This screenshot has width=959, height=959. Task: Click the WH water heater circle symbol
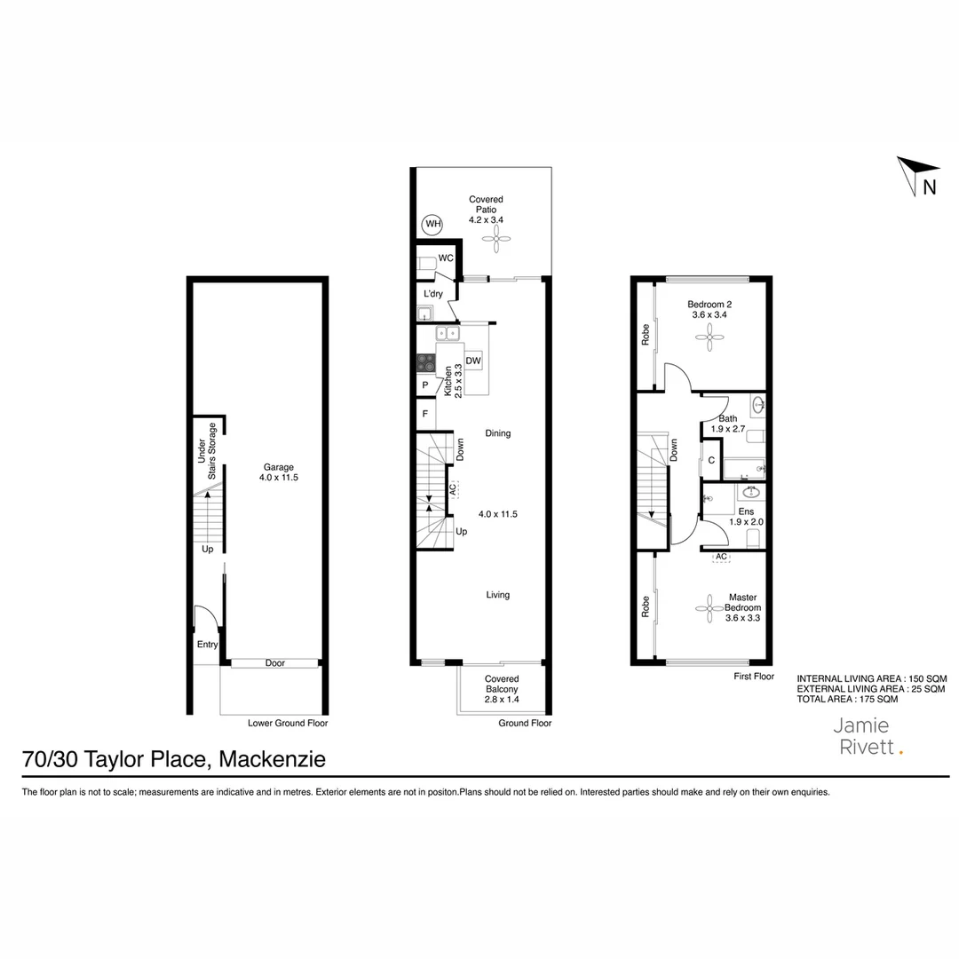432,224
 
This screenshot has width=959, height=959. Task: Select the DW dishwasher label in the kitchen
473,361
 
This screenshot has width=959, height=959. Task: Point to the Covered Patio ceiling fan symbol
497,236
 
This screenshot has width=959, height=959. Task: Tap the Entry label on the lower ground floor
207,645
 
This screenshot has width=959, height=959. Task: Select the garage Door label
275,663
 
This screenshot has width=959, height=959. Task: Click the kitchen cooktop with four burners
426,362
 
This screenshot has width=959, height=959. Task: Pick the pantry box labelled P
425,385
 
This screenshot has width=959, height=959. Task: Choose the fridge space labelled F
425,414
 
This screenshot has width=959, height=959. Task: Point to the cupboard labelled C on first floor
711,460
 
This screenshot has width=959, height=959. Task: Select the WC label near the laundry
446,258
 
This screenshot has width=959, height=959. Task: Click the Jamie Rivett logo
868,736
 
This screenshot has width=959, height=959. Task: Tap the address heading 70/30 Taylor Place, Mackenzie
174,760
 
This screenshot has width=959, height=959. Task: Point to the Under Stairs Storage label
207,452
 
